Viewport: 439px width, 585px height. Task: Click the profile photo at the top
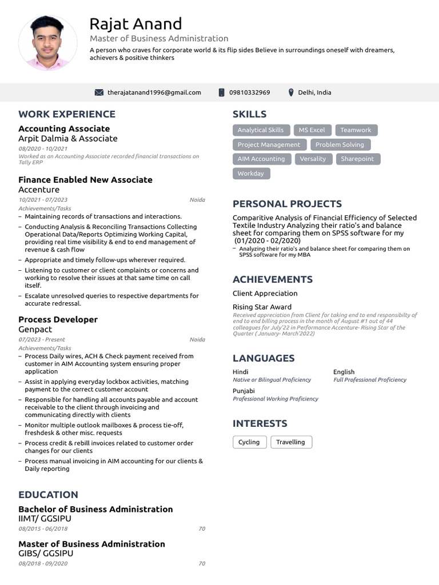point(48,43)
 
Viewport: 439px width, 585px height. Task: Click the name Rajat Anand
point(135,24)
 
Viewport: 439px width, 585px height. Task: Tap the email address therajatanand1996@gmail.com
point(154,93)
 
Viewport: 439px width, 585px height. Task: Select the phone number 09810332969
point(249,93)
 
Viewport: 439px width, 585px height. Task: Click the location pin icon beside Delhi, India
point(291,93)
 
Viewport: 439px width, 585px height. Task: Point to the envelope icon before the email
point(99,93)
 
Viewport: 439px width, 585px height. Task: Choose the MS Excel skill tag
point(312,130)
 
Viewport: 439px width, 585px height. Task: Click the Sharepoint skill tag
point(357,159)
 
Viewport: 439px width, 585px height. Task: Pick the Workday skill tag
point(251,174)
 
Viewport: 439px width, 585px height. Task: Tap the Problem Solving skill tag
point(340,145)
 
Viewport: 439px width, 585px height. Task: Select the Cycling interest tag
point(249,442)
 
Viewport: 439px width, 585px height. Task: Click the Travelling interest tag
point(290,442)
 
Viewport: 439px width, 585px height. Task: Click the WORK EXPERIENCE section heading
point(67,114)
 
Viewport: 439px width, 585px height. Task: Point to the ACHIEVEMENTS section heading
point(273,279)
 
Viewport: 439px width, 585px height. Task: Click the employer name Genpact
point(35,329)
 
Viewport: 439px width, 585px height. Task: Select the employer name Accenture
point(39,189)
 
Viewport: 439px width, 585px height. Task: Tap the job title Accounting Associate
point(64,129)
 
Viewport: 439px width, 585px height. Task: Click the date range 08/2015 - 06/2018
point(43,529)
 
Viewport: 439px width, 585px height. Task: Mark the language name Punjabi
point(244,391)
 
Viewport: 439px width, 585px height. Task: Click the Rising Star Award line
point(262,307)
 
